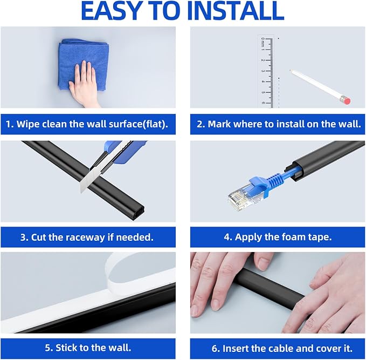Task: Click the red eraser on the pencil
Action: [x=347, y=100]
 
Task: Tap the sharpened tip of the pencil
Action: [x=291, y=70]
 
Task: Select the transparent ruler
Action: [x=265, y=71]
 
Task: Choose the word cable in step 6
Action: [x=281, y=348]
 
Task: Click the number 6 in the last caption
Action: [x=215, y=349]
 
